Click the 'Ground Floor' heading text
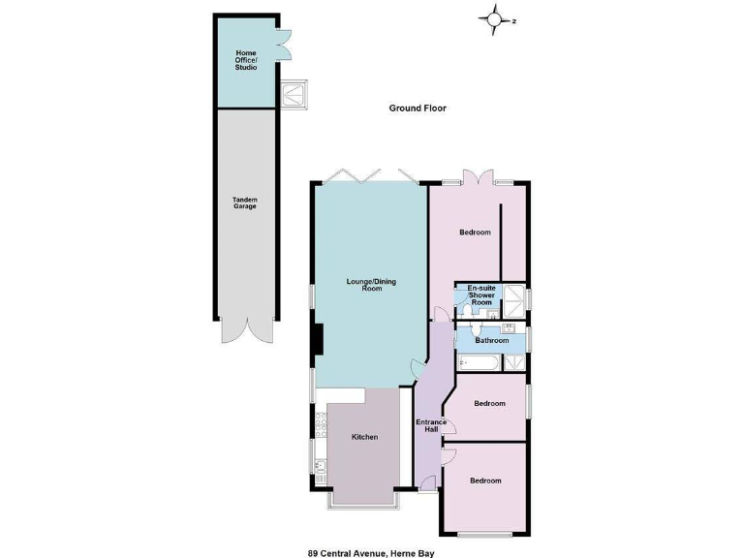tap(418, 108)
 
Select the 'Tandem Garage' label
tap(244, 203)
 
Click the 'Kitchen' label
tap(365, 437)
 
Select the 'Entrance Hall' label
tap(430, 426)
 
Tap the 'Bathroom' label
tap(491, 340)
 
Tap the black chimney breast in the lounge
tap(317, 339)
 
